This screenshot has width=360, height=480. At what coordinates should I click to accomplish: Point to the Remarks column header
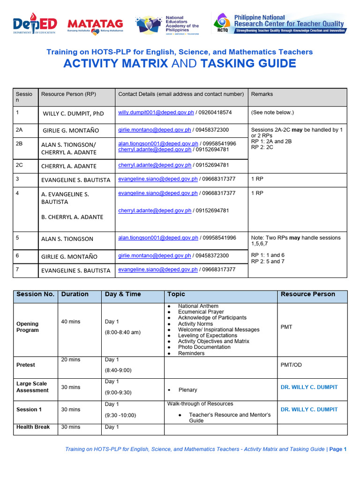point(262,94)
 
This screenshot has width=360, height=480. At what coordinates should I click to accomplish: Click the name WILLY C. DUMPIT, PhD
point(74,113)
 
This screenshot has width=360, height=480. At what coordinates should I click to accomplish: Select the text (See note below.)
point(272,112)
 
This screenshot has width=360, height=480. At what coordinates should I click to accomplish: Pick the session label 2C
point(20,165)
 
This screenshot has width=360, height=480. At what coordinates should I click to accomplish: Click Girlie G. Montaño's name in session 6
point(69,256)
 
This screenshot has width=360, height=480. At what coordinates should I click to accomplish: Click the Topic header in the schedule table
point(176,294)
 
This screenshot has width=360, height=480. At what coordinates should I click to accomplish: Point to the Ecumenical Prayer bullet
point(201,312)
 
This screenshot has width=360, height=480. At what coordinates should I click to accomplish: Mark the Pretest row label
point(26,365)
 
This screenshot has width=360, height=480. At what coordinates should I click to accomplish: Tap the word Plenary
point(188,390)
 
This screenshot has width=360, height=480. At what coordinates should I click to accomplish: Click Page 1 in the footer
point(337,449)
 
